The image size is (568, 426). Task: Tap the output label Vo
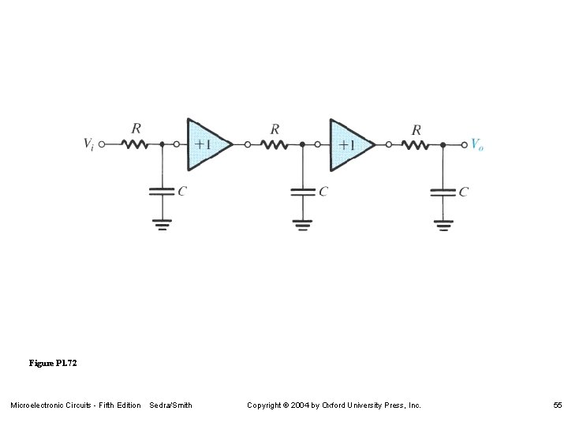476,144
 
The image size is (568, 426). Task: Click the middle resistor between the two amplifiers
275,144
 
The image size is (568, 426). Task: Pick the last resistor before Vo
416,144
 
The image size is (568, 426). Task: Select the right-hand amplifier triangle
350,144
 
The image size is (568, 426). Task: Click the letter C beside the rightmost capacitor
464,191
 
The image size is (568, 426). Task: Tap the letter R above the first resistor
136,128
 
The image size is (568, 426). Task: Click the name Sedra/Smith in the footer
170,405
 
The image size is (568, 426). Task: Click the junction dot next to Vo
443,144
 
